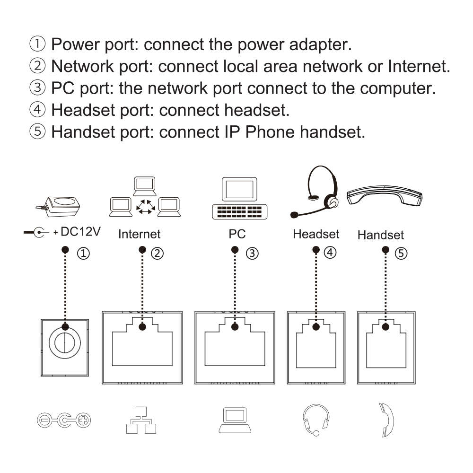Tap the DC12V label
[x=80, y=232]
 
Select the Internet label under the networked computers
[x=139, y=234]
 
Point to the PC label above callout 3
[x=237, y=234]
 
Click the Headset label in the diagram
[x=316, y=234]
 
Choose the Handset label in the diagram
[x=380, y=235]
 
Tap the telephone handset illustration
[x=384, y=195]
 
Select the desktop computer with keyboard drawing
[x=239, y=198]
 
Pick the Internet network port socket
[x=142, y=348]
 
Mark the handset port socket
[x=386, y=348]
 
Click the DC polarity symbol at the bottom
[x=64, y=420]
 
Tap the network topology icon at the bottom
[x=141, y=420]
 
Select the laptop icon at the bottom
[x=235, y=420]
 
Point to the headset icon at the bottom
[x=315, y=420]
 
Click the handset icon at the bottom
[x=386, y=420]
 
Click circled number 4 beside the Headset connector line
[x=330, y=252]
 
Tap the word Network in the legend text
[x=83, y=66]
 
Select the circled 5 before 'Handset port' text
[x=37, y=131]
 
